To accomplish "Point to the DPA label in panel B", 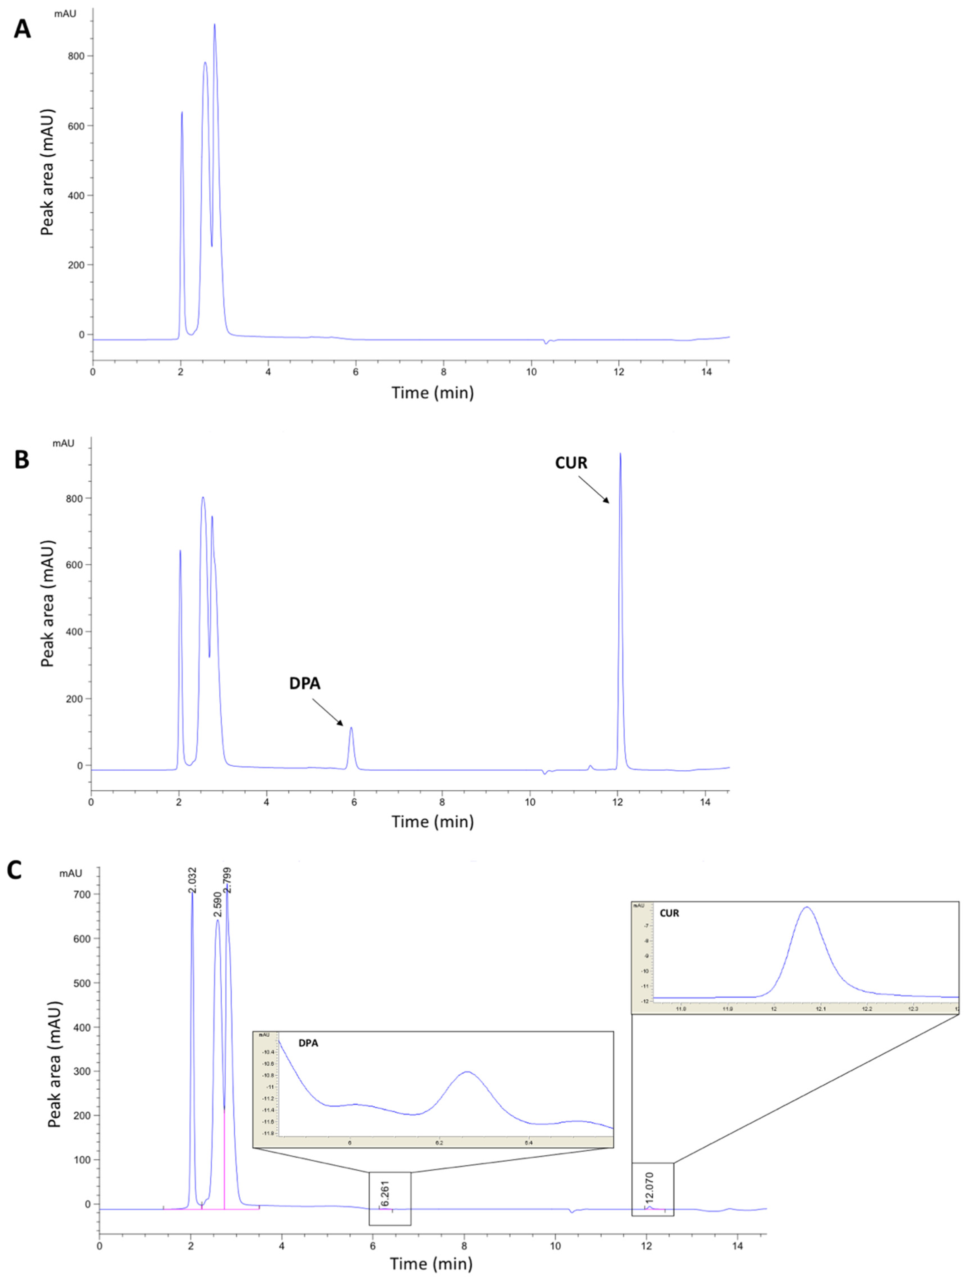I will tap(304, 684).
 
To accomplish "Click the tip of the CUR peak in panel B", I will tap(620, 454).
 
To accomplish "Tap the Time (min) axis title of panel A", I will tap(433, 393).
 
